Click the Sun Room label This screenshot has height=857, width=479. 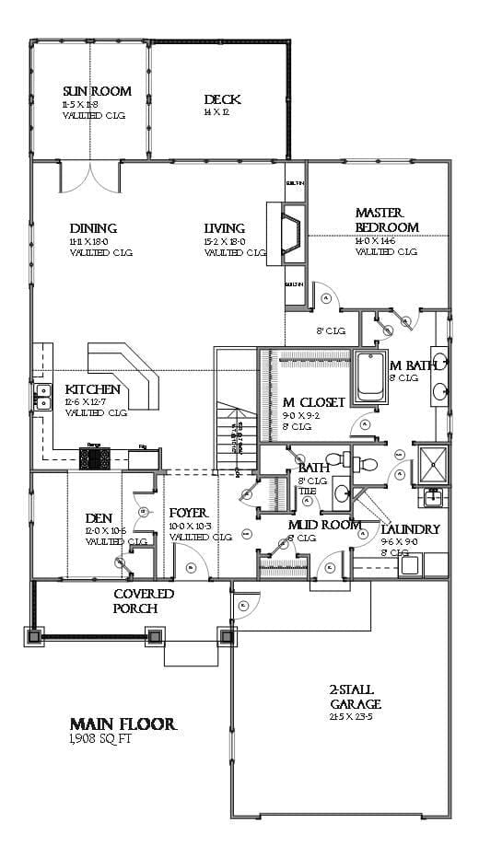(97, 91)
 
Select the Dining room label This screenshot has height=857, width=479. (93, 228)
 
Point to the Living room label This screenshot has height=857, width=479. (225, 228)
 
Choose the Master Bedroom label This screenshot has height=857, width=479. (387, 220)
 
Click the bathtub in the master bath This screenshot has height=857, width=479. (372, 376)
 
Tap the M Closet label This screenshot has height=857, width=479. (313, 402)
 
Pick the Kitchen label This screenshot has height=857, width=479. (92, 389)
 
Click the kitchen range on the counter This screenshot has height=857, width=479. (94, 457)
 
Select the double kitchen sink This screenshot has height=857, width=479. (42, 397)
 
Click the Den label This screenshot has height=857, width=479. (99, 518)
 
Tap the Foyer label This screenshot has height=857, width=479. (188, 513)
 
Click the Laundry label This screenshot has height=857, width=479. (410, 529)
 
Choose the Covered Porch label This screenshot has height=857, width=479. (143, 601)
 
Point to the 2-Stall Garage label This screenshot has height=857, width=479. (355, 697)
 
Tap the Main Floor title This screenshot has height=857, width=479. (123, 724)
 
